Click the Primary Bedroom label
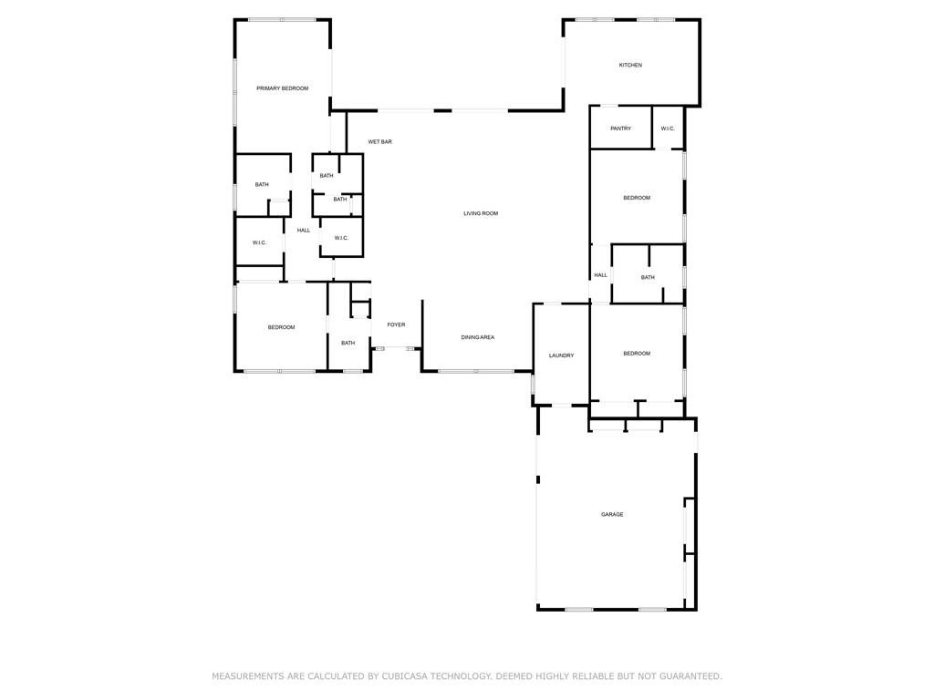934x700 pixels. pyautogui.click(x=282, y=88)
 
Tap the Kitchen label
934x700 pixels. pyautogui.click(x=630, y=65)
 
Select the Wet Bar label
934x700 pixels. pyautogui.click(x=379, y=142)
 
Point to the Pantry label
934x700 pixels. pyautogui.click(x=620, y=129)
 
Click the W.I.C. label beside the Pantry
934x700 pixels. pyautogui.click(x=668, y=129)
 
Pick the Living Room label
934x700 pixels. pyautogui.click(x=481, y=213)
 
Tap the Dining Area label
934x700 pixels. pyautogui.click(x=477, y=337)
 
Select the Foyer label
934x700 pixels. pyautogui.click(x=396, y=324)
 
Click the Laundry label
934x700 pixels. pyautogui.click(x=561, y=355)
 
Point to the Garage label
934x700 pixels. pyautogui.click(x=612, y=514)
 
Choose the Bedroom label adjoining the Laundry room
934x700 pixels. pyautogui.click(x=637, y=354)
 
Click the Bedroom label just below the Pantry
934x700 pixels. pyautogui.click(x=637, y=198)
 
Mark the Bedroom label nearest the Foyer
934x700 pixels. pyautogui.click(x=281, y=327)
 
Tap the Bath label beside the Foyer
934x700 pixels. pyautogui.click(x=348, y=343)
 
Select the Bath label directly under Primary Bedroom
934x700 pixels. pyautogui.click(x=262, y=185)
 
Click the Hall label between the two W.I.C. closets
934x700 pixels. pyautogui.click(x=304, y=230)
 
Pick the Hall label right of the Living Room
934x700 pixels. pyautogui.click(x=600, y=275)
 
